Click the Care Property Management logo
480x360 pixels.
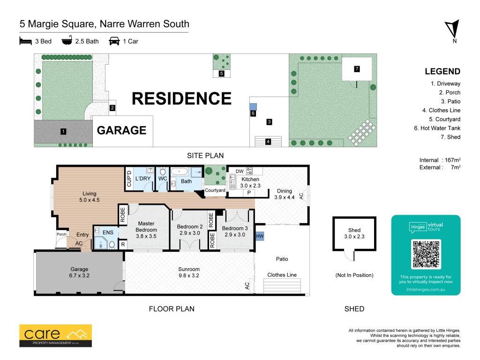(x=55, y=336)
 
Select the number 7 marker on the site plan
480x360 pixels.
(x=357, y=69)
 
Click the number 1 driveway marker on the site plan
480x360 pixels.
(x=63, y=132)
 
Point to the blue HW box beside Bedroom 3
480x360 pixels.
(x=260, y=236)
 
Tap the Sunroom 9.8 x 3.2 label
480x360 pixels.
(x=189, y=272)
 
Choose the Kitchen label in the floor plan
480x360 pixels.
(x=250, y=180)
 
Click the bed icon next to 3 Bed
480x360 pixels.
(x=26, y=41)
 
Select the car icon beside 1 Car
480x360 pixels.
(x=114, y=41)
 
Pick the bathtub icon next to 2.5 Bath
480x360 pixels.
(x=67, y=40)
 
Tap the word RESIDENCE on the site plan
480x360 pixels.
(x=181, y=98)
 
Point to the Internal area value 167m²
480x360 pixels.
(x=453, y=160)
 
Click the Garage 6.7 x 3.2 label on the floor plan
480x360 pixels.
(x=79, y=272)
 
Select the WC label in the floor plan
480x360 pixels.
(x=163, y=179)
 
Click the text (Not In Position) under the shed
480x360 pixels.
(x=354, y=275)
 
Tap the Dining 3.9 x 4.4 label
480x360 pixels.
(x=285, y=194)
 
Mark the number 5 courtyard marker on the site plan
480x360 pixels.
(x=221, y=74)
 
